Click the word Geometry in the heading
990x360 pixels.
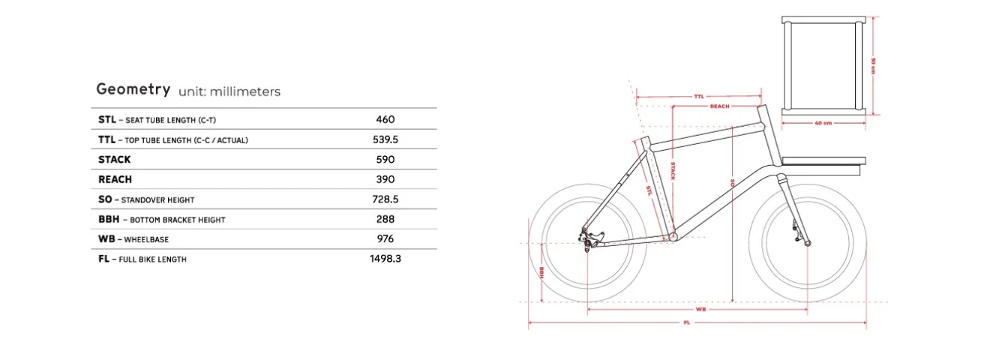pyautogui.click(x=133, y=90)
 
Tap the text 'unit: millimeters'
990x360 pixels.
pyautogui.click(x=229, y=92)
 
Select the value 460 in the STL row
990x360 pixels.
pyautogui.click(x=385, y=120)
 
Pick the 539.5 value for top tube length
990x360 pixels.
pyautogui.click(x=385, y=139)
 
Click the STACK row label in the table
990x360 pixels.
pyautogui.click(x=115, y=160)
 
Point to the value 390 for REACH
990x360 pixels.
pyautogui.click(x=385, y=179)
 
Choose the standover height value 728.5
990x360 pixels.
pyautogui.click(x=385, y=199)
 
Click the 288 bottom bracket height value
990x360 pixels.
pyautogui.click(x=385, y=219)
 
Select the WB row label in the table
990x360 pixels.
pyautogui.click(x=106, y=239)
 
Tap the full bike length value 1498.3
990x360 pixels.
pyautogui.click(x=385, y=259)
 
